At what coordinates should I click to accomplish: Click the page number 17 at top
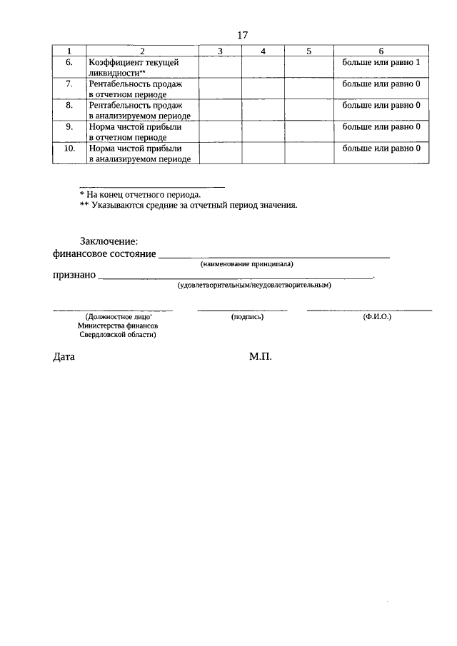[241, 35]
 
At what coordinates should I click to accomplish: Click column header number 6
[381, 51]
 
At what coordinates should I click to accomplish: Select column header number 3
[220, 51]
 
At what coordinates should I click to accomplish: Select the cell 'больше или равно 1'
[381, 63]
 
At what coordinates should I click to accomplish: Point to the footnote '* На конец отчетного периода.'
[140, 193]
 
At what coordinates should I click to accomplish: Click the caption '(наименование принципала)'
[247, 264]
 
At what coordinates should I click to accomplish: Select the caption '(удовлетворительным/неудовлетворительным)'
[254, 286]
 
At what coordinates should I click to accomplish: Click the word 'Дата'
[64, 356]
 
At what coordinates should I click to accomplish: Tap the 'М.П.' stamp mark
[261, 356]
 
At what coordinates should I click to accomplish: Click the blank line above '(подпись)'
[243, 310]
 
